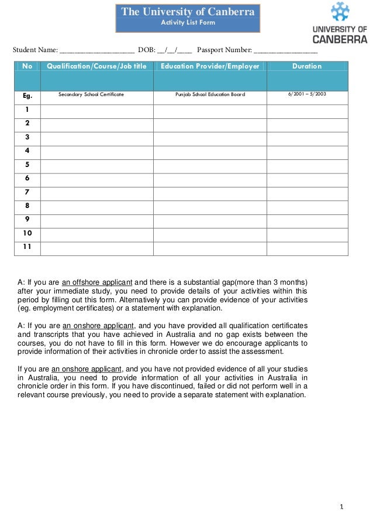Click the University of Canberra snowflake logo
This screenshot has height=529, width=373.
(x=340, y=12)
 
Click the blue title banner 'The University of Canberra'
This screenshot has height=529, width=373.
(x=188, y=12)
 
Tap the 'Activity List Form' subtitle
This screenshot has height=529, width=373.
(x=188, y=23)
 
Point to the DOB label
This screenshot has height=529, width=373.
(x=146, y=49)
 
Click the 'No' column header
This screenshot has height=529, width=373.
(x=27, y=66)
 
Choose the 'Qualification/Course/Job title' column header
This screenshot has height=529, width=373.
(x=96, y=66)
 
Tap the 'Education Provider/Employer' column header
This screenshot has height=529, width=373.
(x=210, y=66)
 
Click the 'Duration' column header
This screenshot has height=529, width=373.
(x=307, y=66)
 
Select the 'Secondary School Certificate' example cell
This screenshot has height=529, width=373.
(x=91, y=94)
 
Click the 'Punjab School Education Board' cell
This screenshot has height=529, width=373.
(x=210, y=94)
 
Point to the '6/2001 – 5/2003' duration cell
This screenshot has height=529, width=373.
(x=307, y=94)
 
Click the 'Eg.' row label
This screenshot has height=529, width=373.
(x=27, y=94)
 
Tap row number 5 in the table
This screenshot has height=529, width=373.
(x=27, y=164)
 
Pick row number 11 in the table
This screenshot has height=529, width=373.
(x=27, y=247)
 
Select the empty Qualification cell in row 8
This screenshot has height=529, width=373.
(x=96, y=206)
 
